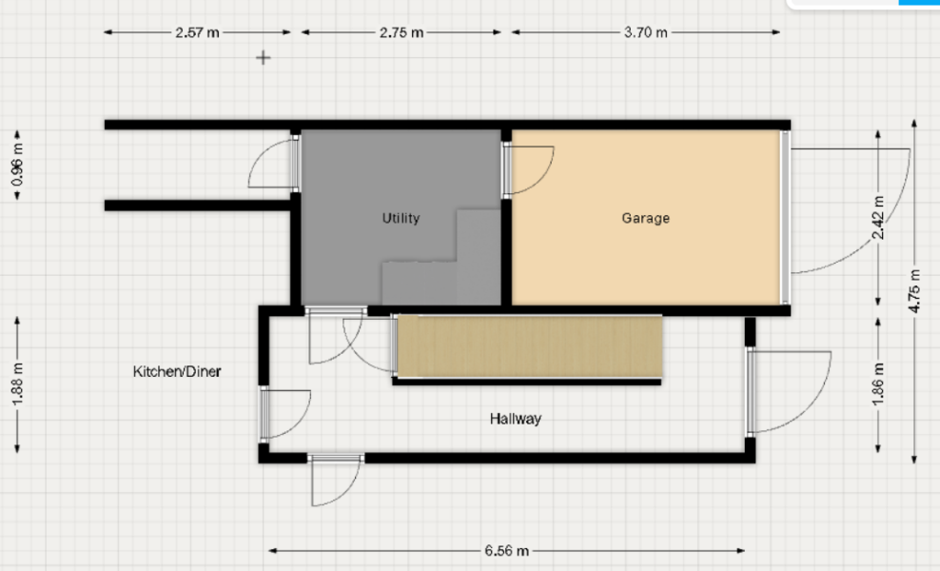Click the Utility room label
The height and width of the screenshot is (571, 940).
(401, 218)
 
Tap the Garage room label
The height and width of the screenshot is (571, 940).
(646, 218)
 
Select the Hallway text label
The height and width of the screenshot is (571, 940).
(516, 418)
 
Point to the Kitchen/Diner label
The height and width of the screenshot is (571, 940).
(176, 371)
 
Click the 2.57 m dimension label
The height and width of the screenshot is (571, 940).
(197, 32)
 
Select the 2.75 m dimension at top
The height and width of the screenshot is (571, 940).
(401, 32)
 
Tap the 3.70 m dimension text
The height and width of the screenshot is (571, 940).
(646, 32)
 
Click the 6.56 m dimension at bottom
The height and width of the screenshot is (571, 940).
(506, 550)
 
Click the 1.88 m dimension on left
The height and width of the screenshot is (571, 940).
(17, 385)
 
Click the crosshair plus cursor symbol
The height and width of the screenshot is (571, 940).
(264, 58)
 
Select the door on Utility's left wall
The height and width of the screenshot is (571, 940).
(275, 163)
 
